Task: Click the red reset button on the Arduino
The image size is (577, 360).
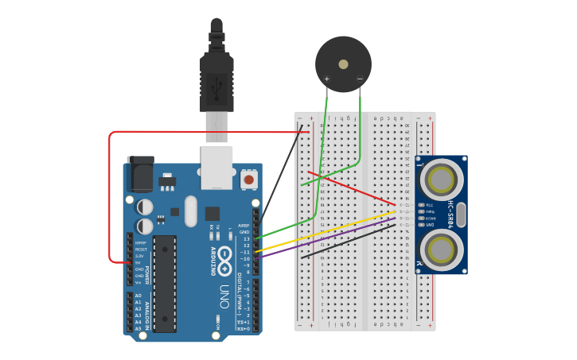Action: pyautogui.click(x=249, y=180)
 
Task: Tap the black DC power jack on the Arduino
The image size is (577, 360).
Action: pyautogui.click(x=140, y=173)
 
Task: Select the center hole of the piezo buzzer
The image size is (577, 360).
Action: pyautogui.click(x=343, y=64)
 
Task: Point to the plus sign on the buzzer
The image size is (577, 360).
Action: pyautogui.click(x=326, y=79)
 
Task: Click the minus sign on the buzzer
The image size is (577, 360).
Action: pyautogui.click(x=360, y=79)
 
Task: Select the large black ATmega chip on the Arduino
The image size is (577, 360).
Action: pyautogui.click(x=165, y=283)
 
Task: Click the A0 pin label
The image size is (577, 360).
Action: pyautogui.click(x=138, y=296)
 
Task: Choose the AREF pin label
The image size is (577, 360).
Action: pyautogui.click(x=244, y=225)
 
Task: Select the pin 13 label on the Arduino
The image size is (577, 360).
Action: pyautogui.click(x=246, y=238)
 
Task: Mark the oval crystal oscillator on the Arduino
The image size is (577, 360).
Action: pyautogui.click(x=190, y=211)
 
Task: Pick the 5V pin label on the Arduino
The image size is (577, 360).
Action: pyautogui.click(x=139, y=262)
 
